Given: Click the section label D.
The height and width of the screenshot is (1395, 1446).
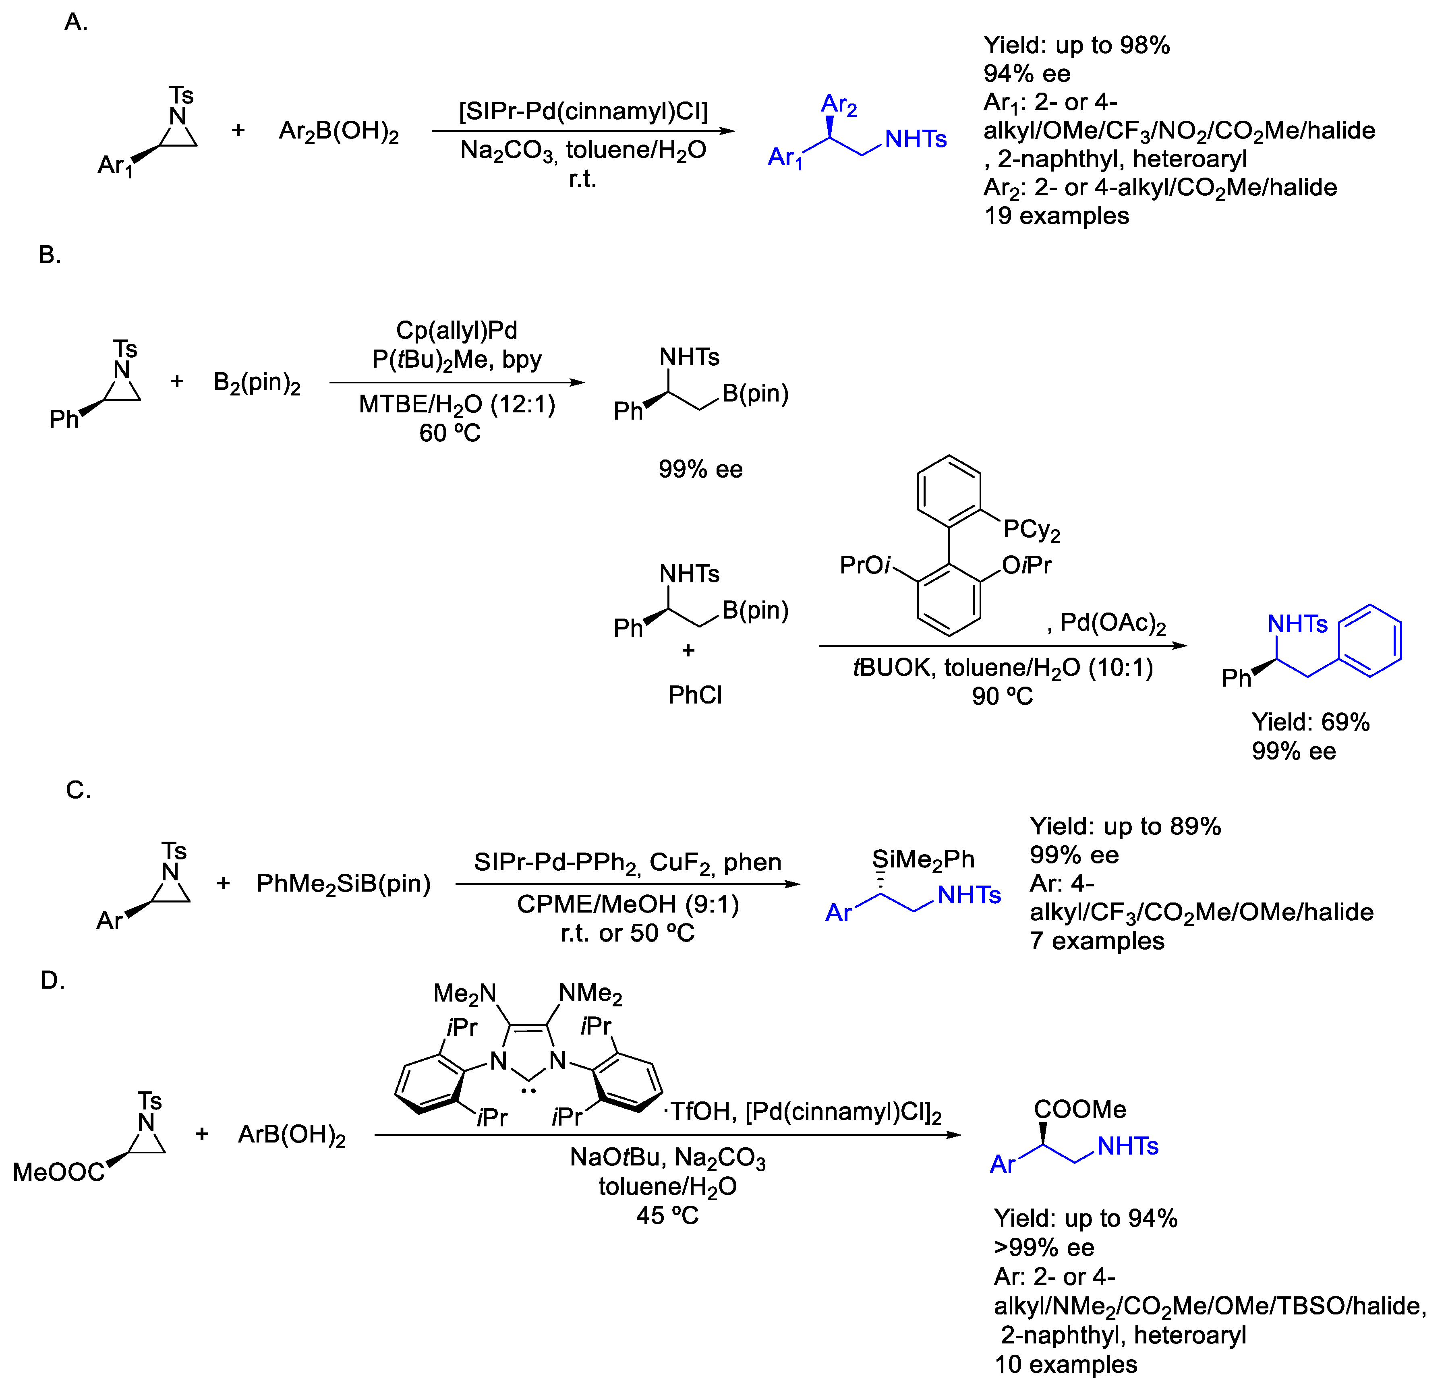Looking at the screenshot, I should pyautogui.click(x=52, y=981).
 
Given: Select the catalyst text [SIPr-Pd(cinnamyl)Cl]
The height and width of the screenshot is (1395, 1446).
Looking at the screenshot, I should pyautogui.click(x=583, y=112).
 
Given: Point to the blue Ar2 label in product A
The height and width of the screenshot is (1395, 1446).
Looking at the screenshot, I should pyautogui.click(x=839, y=105).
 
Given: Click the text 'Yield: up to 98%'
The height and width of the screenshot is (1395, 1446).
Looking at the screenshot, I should pyautogui.click(x=1076, y=46).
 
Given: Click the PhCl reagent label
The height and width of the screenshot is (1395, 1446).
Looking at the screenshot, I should pyautogui.click(x=695, y=695).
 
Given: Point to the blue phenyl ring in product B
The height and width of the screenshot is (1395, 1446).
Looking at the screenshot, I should pyautogui.click(x=1370, y=640).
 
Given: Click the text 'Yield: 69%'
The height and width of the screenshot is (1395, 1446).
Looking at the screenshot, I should pyautogui.click(x=1310, y=722).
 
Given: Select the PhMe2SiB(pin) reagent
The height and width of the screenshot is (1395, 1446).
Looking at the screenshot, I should pyautogui.click(x=343, y=883).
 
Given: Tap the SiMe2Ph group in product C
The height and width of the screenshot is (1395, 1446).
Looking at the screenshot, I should pyautogui.click(x=923, y=859).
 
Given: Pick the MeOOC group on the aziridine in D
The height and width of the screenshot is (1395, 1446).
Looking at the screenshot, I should pyautogui.click(x=59, y=1171).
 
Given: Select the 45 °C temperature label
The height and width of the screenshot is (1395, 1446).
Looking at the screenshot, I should pyautogui.click(x=667, y=1215).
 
